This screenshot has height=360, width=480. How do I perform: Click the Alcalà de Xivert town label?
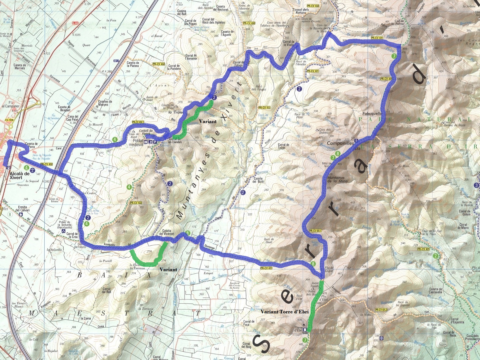point(20,176)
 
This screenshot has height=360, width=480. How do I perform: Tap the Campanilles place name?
point(340,143)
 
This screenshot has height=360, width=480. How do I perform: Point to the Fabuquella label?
point(372,114)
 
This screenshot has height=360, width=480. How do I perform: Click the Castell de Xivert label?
point(146,132)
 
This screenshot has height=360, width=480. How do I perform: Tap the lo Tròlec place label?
point(176,112)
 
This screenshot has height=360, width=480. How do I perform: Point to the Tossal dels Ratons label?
point(301,11)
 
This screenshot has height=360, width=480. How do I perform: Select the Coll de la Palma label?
point(399,22)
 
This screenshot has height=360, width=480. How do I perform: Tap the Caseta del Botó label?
point(258,180)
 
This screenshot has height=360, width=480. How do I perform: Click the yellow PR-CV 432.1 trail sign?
point(138,122)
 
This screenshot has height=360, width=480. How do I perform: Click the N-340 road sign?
point(75,23)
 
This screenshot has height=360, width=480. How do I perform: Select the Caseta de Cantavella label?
point(435,291)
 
